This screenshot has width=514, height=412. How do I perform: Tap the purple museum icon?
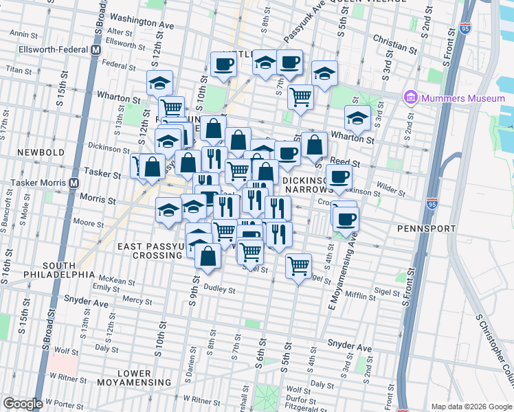tap(411, 98)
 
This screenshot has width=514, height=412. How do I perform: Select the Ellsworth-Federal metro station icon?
tap(96, 50)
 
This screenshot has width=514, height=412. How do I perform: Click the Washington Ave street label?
tap(142, 20)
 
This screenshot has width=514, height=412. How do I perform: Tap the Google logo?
tap(23, 404)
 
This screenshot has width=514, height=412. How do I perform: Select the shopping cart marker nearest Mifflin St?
tap(298, 266)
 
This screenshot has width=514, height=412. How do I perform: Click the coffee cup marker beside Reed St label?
tap(339, 177)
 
